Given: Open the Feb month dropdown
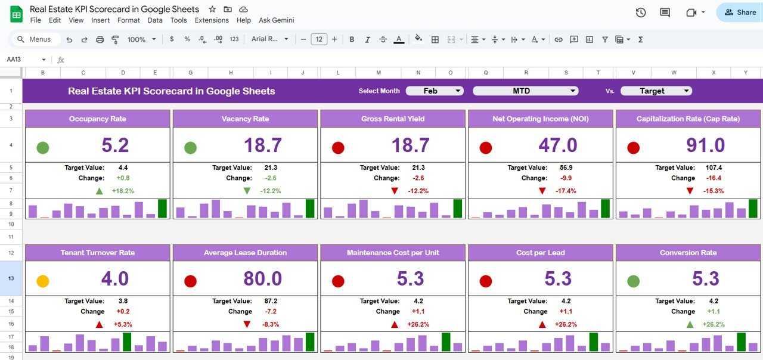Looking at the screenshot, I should point(435,91).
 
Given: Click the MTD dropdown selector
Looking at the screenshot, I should point(525,91).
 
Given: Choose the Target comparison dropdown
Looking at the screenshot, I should point(656,91).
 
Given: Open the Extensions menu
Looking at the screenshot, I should point(212,20).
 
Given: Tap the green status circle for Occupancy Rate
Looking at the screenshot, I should point(43,147).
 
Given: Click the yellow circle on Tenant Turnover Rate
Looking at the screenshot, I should point(43,281).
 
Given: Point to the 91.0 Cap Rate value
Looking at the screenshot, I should point(705,145).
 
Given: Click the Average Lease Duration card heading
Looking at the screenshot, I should point(245,253).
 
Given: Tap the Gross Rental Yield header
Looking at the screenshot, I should point(393,119).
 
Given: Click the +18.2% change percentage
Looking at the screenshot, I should point(123,191).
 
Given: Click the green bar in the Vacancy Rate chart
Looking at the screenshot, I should point(309,208).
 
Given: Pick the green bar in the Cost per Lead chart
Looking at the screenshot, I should point(593,342).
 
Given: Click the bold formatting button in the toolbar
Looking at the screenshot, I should point(352,39).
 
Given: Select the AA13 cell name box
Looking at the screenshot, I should point(24,60).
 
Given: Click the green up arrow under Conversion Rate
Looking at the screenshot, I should point(690,324).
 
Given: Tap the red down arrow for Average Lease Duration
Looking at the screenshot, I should point(247,324).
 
